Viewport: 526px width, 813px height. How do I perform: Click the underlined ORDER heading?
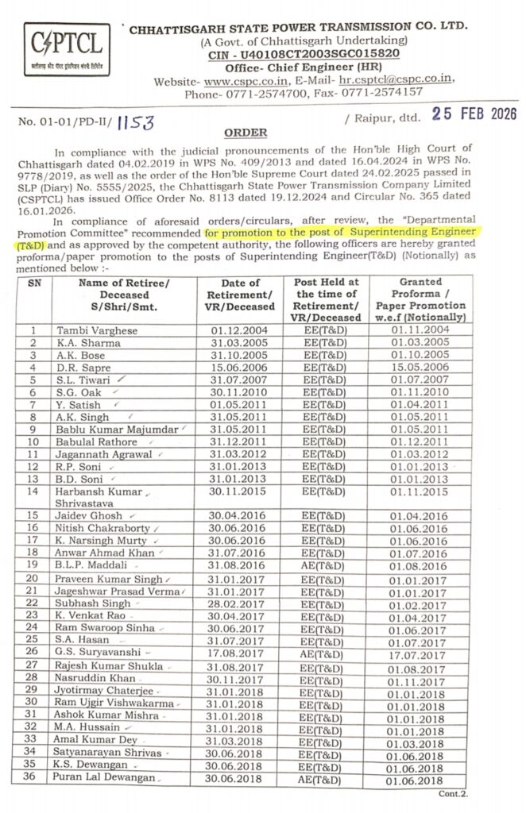245,132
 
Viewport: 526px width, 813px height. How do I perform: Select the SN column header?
34,283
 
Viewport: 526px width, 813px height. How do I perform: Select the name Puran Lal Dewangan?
105,778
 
